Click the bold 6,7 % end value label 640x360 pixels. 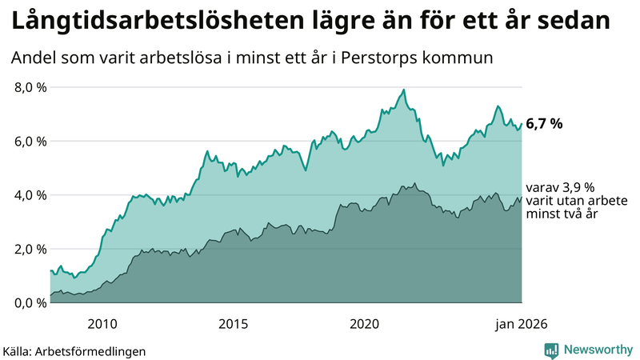pyautogui.click(x=544, y=124)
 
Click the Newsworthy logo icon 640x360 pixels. pyautogui.click(x=551, y=350)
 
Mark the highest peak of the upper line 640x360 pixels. pyautogui.click(x=404, y=90)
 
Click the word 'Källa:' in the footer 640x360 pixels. pyautogui.click(x=18, y=351)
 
